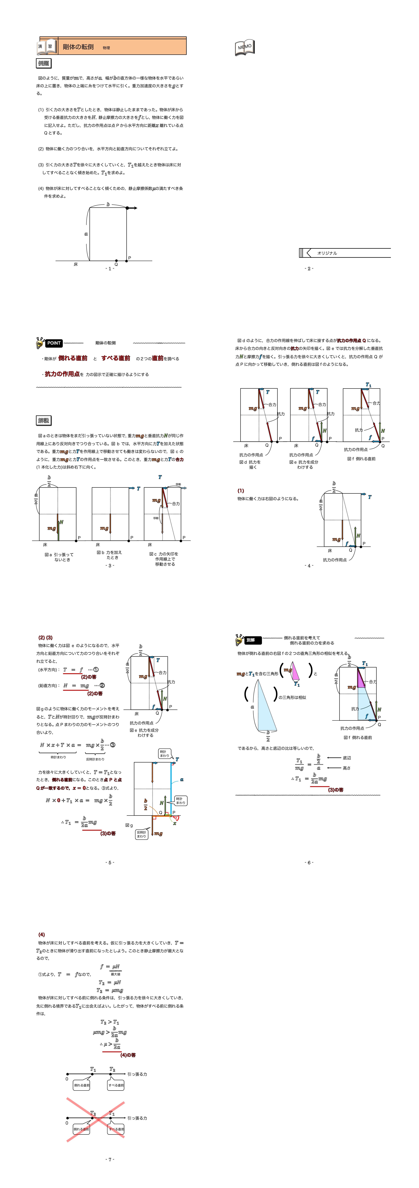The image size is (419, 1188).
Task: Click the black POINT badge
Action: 53,343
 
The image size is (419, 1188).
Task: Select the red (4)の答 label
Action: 128,1055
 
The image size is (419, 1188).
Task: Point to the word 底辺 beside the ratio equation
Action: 347,758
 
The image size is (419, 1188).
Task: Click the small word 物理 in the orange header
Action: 106,48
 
